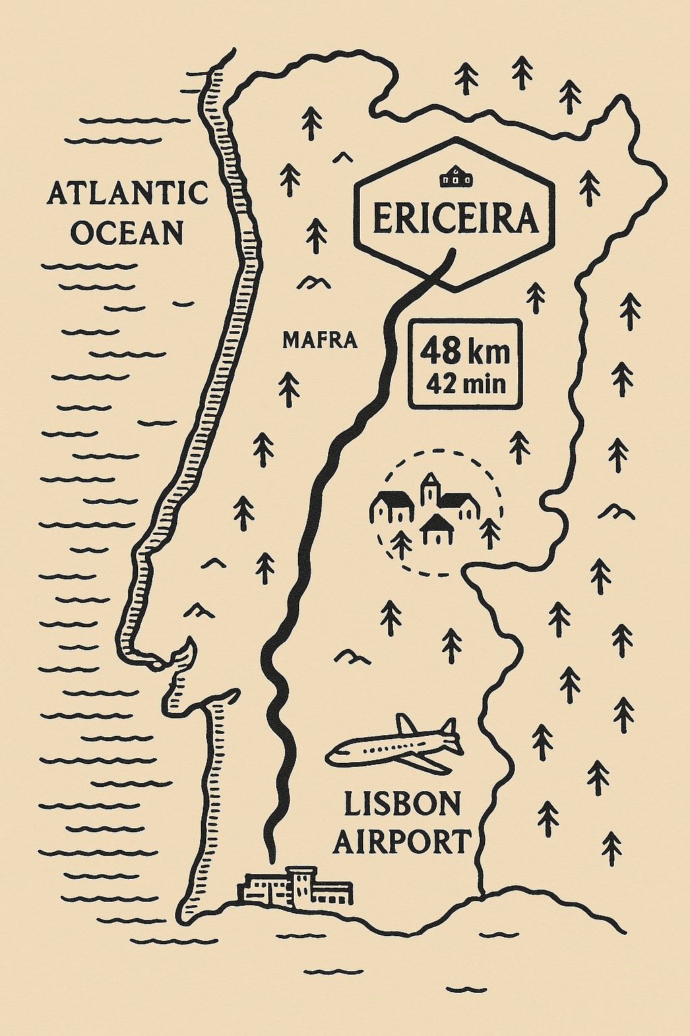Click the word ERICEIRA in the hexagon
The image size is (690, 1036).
coord(456,219)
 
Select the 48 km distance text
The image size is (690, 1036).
coord(465,351)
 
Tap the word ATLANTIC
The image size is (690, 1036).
coord(127,194)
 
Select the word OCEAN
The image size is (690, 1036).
coord(127,233)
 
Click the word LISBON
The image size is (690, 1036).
coord(402,804)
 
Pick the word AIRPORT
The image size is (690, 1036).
coord(402,842)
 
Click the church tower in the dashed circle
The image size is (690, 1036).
coord(429,489)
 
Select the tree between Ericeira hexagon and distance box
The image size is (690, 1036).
coord(536,297)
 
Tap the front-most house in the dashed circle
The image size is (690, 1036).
coord(435,529)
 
